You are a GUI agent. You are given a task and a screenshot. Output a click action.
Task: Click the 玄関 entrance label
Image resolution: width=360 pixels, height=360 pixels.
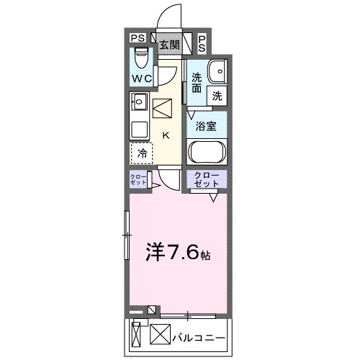coord(169,45)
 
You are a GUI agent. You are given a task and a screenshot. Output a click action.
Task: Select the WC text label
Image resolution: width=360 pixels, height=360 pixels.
coord(141,78)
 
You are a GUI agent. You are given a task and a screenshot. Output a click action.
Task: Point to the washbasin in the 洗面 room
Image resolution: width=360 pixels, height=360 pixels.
coord(215,71)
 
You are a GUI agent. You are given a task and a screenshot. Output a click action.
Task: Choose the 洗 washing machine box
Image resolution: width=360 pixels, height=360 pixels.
coord(215,94)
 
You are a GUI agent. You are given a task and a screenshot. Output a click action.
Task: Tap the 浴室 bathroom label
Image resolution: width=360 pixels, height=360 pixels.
coord(207,126)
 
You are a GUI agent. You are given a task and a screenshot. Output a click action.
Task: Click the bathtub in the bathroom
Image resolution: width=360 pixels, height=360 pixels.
coord(207,153)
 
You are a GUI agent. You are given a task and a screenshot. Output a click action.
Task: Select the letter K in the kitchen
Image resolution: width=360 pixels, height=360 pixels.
coord(166,135)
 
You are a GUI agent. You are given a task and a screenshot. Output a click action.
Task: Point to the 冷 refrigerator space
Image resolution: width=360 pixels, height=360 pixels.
coord(143,153)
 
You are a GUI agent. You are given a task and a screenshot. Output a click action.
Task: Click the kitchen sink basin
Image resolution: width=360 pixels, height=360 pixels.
coord(139,101)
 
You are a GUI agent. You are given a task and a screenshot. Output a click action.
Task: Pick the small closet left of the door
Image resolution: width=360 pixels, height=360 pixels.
coord(138,181)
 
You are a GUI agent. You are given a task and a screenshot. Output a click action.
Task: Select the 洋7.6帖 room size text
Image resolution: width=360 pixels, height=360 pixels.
coord(179,253)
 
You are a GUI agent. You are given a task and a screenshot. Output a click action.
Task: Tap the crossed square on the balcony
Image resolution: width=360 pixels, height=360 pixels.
coord(158,335)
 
